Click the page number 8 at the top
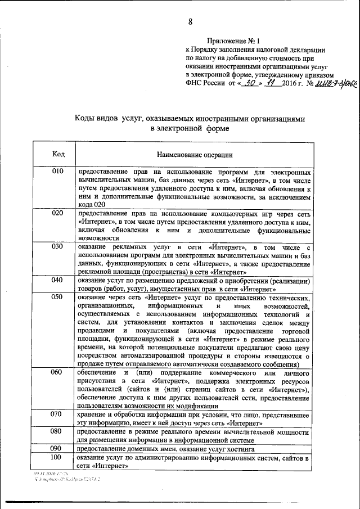190,22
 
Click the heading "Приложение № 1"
233,41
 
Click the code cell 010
58,171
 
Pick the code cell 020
58,213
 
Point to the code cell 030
58,247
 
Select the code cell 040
58,280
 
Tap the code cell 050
58,296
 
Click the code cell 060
58,372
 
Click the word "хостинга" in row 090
239,450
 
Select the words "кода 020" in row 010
92,205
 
